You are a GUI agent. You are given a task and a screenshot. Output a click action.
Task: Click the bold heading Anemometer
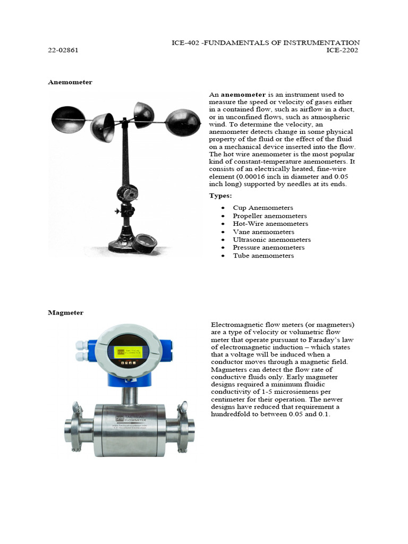70,82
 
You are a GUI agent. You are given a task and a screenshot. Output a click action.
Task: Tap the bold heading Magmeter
65,313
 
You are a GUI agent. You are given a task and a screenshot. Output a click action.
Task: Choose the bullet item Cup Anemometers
262,208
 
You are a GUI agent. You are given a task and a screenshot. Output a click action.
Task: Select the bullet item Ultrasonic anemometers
271,240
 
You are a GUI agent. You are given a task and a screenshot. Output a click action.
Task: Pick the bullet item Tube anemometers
263,256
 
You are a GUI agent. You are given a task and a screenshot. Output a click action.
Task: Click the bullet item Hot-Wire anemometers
270,224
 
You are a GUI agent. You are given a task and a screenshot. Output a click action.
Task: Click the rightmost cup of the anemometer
183,122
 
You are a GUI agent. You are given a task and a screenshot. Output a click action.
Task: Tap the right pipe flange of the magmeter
186,426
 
